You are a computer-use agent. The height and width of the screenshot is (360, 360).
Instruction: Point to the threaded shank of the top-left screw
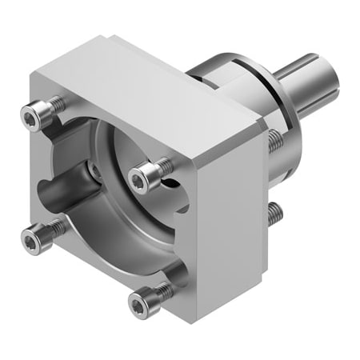[x=57, y=103]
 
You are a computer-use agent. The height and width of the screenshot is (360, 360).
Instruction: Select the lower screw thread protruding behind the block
[x=275, y=212]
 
